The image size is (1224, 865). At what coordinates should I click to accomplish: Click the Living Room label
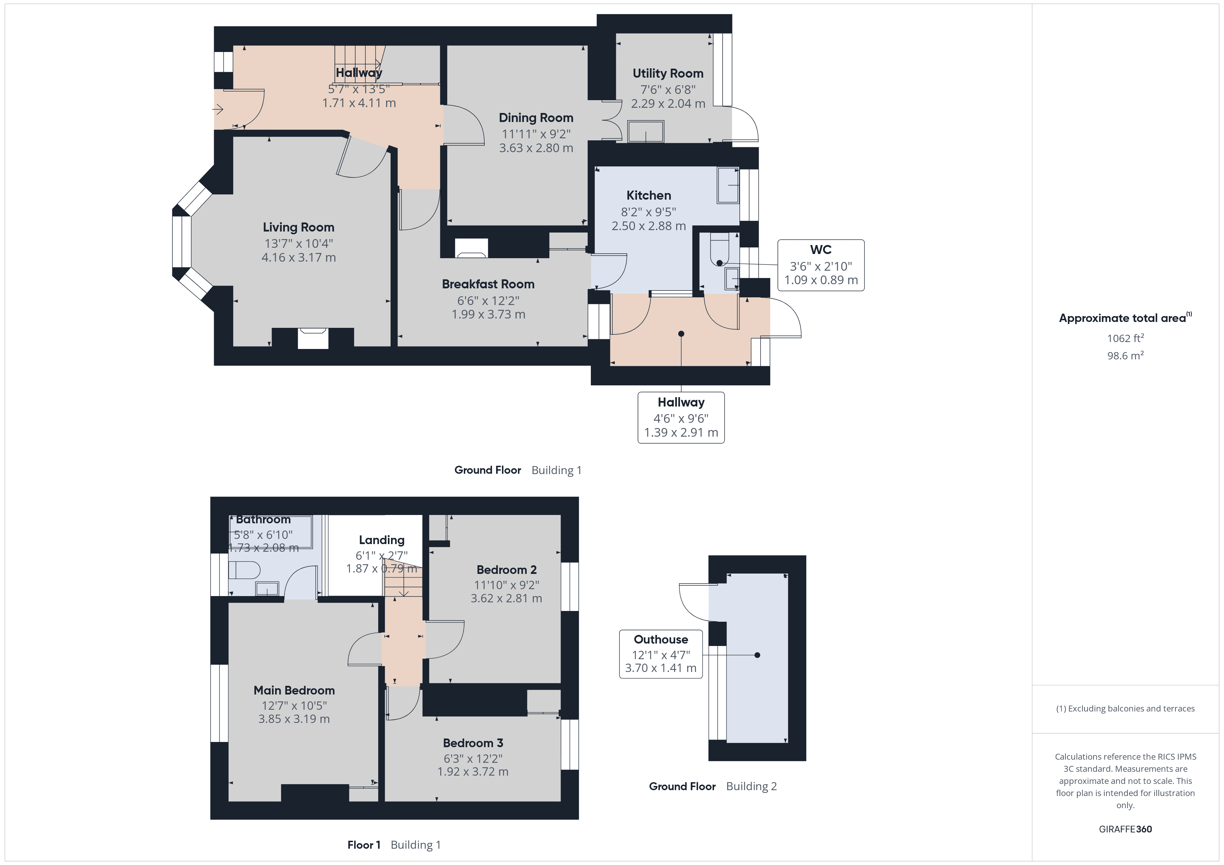click(298, 227)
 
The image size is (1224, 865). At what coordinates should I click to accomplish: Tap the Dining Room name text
click(536, 118)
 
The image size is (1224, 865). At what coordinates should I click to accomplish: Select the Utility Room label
click(668, 73)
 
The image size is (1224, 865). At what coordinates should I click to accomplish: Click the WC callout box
click(821, 265)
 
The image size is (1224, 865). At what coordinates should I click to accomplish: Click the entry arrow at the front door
click(218, 110)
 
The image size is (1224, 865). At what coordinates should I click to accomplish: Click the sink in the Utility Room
click(646, 132)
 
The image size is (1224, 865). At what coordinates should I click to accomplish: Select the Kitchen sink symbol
click(728, 185)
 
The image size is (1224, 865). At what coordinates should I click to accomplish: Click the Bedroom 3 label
click(473, 743)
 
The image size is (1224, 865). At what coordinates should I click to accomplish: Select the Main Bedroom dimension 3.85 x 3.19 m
click(294, 719)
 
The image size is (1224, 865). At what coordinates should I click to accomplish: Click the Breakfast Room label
click(488, 285)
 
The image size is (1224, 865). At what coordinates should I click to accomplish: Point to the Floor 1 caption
click(364, 845)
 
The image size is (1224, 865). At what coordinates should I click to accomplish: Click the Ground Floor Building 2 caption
click(712, 786)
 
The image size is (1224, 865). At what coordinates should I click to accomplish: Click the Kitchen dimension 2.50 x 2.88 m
click(648, 226)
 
